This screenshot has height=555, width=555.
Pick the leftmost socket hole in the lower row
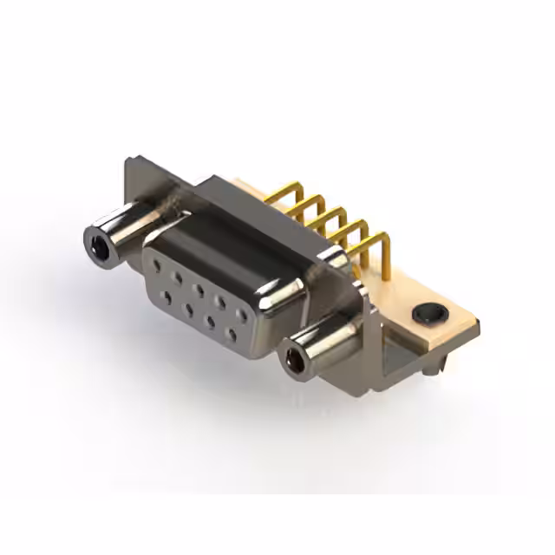tap(168, 297)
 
